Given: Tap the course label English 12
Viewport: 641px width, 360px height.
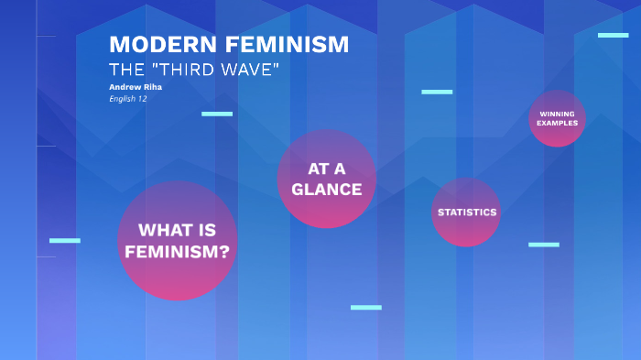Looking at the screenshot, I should (x=128, y=98).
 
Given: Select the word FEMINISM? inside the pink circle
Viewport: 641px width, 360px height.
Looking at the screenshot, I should (x=178, y=251).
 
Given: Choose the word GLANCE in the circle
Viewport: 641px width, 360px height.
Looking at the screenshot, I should (x=327, y=190).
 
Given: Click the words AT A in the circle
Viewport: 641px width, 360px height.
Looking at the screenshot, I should (x=327, y=169).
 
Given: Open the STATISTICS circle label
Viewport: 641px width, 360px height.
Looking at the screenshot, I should (x=467, y=213).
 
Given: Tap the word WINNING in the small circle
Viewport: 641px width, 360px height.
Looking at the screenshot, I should (x=557, y=114).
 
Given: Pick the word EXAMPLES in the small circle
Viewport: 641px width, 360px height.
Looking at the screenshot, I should (x=557, y=123).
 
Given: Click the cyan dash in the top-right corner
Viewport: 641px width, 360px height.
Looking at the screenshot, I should (x=613, y=35).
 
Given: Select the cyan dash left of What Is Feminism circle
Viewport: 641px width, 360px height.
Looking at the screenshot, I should (x=65, y=240).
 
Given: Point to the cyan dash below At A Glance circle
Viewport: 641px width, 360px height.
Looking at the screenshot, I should (x=365, y=307).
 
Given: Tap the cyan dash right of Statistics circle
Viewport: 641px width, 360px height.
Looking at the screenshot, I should (x=543, y=245).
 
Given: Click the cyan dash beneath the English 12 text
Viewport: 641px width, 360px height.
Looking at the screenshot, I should (x=217, y=114).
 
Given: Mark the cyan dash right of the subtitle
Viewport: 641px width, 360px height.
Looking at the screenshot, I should (x=437, y=92).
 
